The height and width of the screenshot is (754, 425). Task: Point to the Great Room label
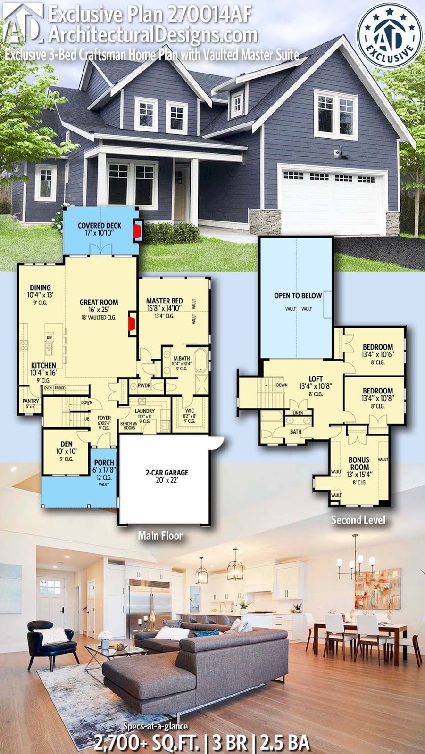[99, 303]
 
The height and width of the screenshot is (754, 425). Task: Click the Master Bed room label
[164, 301]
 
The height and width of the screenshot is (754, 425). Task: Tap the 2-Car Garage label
[167, 472]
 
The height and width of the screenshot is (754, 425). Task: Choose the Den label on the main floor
[67, 444]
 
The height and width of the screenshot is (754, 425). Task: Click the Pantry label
[31, 401]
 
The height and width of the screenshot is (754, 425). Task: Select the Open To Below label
[298, 295]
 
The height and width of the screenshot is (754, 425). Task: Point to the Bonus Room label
[359, 463]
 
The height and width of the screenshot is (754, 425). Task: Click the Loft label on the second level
[316, 378]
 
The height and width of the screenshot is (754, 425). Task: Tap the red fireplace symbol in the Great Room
[133, 325]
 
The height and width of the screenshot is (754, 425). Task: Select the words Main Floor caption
[160, 536]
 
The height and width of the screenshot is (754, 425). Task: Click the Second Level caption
[358, 520]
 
